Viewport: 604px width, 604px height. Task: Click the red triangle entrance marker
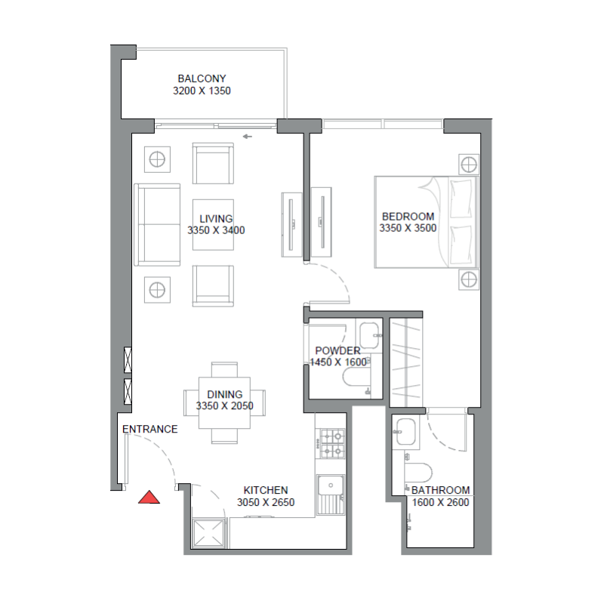pyautogui.click(x=149, y=497)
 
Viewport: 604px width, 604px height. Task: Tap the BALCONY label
pyautogui.click(x=202, y=79)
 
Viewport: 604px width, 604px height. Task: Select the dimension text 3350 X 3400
pyautogui.click(x=216, y=231)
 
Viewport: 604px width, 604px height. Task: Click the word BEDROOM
pyautogui.click(x=408, y=215)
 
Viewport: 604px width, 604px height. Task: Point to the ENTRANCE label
pyautogui.click(x=150, y=430)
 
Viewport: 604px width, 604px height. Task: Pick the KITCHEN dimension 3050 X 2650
pyautogui.click(x=266, y=502)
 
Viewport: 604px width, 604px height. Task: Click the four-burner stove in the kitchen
pyautogui.click(x=333, y=444)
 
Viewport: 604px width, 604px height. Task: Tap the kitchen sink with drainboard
pyautogui.click(x=331, y=495)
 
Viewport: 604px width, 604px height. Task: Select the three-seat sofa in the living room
pyautogui.click(x=157, y=224)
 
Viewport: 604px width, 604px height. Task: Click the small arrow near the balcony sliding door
pyautogui.click(x=247, y=137)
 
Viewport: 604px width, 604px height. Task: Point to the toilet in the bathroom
pyautogui.click(x=417, y=470)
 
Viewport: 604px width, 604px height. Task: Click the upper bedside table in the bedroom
pyautogui.click(x=468, y=164)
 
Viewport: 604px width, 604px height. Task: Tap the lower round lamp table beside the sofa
pyautogui.click(x=157, y=289)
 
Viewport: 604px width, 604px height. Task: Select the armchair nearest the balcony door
pyautogui.click(x=212, y=163)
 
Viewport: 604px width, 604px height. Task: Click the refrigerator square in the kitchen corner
pyautogui.click(x=208, y=532)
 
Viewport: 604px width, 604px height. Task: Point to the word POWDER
pyautogui.click(x=337, y=351)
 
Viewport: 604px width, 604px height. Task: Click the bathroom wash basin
pyautogui.click(x=405, y=433)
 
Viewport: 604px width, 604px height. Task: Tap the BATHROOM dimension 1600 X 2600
pyautogui.click(x=440, y=502)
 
